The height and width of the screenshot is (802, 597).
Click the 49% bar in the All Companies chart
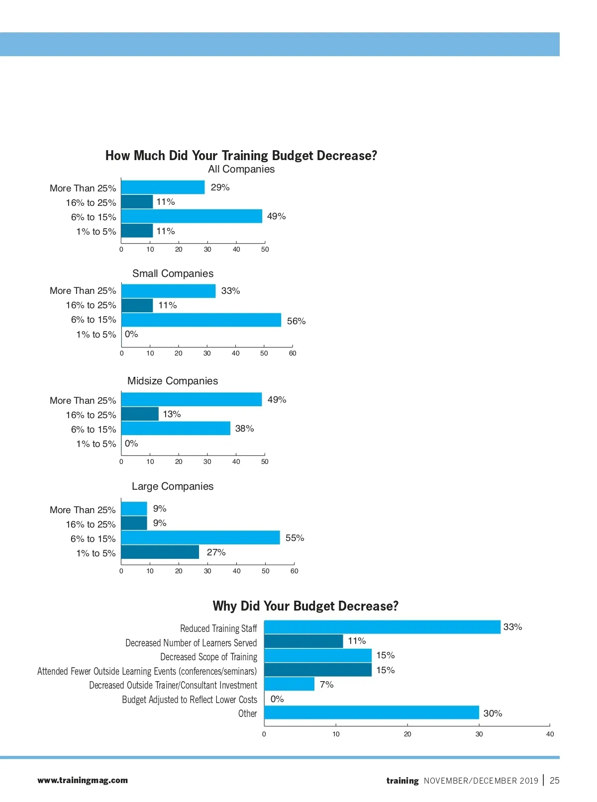[192, 216]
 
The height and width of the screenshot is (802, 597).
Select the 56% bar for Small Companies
[201, 320]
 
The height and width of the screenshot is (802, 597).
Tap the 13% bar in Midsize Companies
[140, 414]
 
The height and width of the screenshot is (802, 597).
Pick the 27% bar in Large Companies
[160, 552]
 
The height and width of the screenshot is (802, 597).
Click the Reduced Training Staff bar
[382, 627]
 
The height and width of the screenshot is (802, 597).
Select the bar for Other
[371, 713]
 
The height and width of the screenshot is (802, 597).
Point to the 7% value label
[326, 685]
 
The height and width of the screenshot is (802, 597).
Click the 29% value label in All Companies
[220, 187]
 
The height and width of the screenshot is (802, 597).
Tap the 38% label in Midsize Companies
[244, 429]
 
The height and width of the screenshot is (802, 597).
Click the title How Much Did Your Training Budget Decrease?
[241, 156]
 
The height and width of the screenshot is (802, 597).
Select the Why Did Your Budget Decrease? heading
[305, 606]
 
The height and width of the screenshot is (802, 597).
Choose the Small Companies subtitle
[173, 273]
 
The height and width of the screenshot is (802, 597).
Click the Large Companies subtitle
[173, 486]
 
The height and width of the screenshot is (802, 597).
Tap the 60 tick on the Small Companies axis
[293, 354]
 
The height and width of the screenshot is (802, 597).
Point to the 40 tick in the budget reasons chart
[550, 734]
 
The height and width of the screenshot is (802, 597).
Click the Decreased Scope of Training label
[208, 657]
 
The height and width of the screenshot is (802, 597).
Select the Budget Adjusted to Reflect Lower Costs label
[190, 700]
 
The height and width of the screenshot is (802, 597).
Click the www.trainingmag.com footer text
[83, 780]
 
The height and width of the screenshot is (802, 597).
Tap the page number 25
[554, 781]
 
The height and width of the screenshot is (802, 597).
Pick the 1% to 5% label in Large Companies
[96, 553]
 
